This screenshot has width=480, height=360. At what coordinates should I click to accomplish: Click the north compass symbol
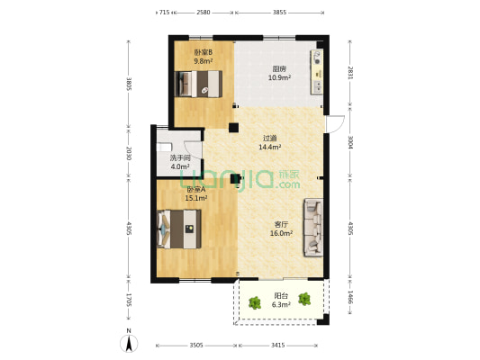click(129, 343)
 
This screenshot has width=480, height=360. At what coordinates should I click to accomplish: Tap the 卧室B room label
click(204, 57)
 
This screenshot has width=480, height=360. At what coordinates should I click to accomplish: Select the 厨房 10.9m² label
click(279, 74)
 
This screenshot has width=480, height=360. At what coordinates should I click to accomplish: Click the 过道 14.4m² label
click(270, 142)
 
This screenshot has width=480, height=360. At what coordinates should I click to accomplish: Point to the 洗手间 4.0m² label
click(180, 162)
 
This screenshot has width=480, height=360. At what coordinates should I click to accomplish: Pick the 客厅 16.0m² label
click(281, 229)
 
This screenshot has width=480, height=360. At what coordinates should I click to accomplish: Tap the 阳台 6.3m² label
click(281, 301)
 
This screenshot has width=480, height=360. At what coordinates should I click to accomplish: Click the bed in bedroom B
click(198, 84)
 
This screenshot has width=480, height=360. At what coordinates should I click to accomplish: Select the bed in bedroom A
click(179, 229)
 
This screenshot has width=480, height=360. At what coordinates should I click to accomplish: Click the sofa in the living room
click(313, 228)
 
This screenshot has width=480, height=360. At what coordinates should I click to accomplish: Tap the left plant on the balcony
click(255, 302)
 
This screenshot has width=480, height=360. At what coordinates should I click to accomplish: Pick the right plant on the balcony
click(304, 299)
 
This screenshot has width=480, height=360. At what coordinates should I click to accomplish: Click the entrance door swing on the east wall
click(336, 124)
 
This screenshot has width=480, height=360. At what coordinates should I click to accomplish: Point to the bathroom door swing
click(193, 150)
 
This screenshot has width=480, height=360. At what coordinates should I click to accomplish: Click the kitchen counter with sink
click(317, 72)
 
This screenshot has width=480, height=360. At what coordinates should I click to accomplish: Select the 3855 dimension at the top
click(279, 13)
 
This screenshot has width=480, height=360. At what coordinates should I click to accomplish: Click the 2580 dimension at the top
click(204, 13)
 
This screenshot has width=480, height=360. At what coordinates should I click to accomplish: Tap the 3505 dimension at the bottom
click(196, 346)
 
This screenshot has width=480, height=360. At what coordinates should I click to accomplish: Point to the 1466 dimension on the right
click(350, 297)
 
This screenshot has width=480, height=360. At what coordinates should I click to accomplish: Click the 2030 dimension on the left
click(129, 154)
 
